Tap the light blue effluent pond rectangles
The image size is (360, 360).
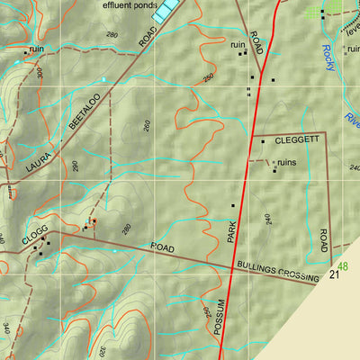coord(165,10)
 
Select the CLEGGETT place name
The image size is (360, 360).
coord(296,140)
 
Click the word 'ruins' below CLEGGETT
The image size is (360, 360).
coord(286,162)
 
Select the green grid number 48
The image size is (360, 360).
coord(343,265)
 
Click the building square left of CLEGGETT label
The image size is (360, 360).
coord(263,141)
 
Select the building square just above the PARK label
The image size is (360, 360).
coord(232,206)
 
